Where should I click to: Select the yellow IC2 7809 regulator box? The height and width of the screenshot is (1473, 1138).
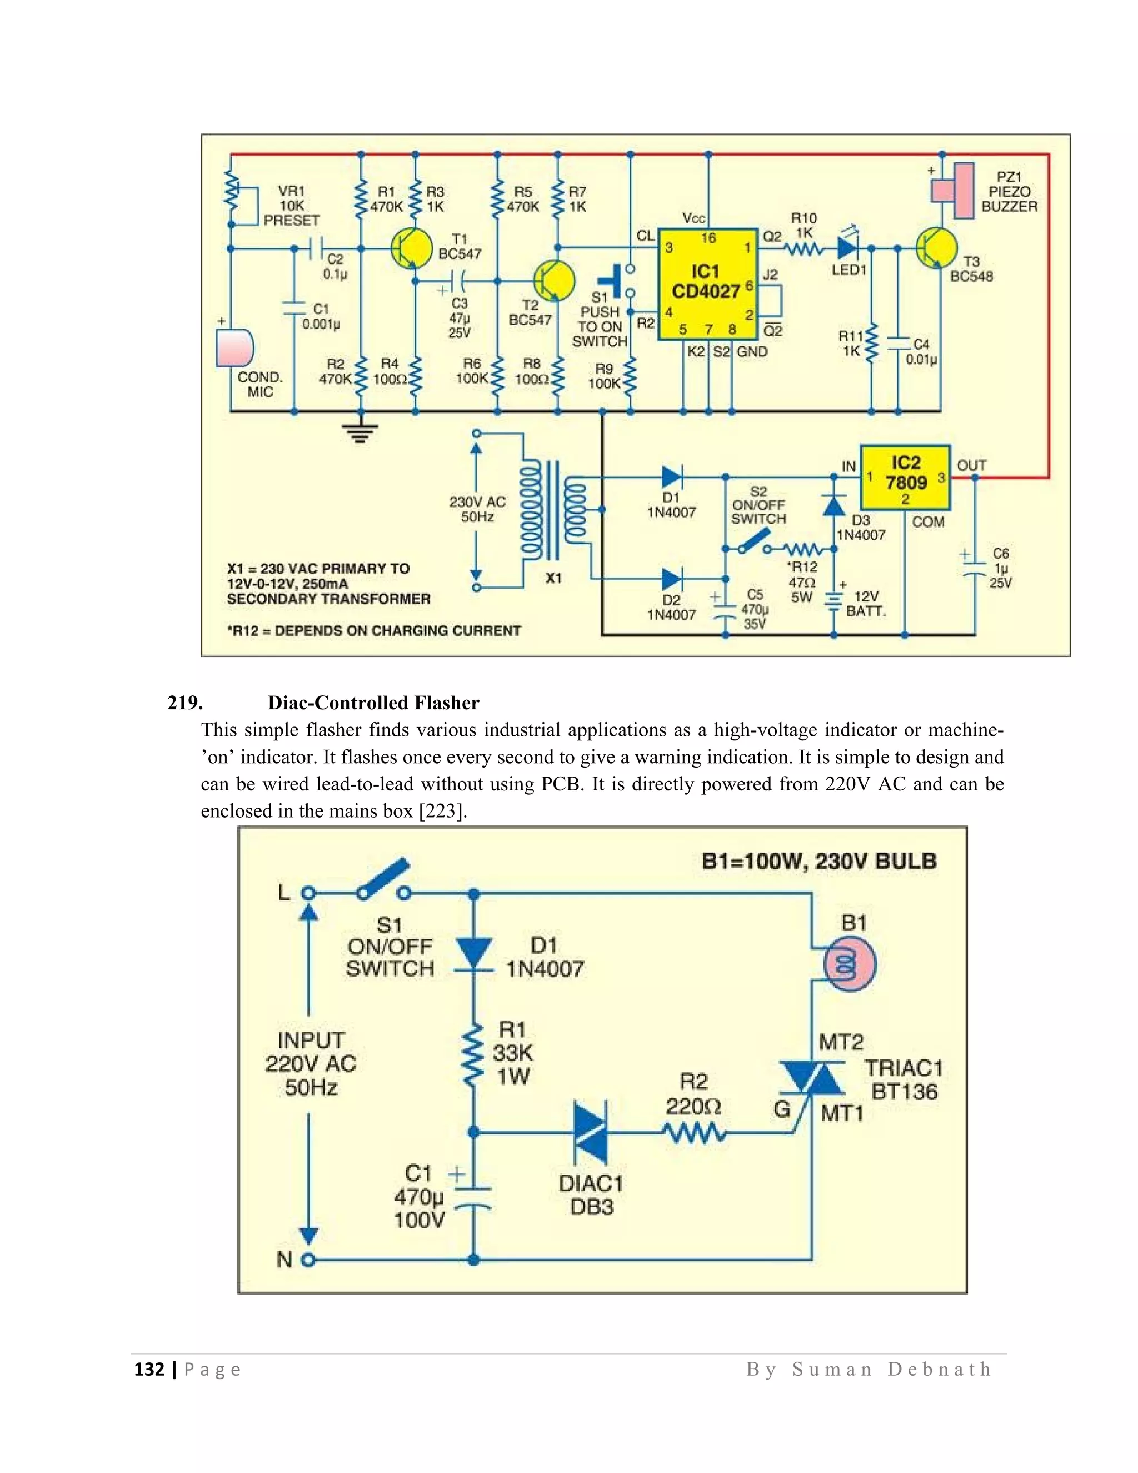[x=905, y=477]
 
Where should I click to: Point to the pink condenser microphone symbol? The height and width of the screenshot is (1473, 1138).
[x=234, y=347]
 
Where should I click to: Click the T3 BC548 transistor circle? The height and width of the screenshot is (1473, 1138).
[x=936, y=248]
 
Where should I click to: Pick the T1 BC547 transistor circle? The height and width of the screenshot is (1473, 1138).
[x=412, y=249]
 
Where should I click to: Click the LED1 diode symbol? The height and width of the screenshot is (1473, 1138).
[x=847, y=248]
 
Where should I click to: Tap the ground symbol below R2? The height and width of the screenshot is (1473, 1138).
[x=360, y=432]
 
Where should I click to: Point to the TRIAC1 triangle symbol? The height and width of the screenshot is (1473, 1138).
[x=812, y=1078]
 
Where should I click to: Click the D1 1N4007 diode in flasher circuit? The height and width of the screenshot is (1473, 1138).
[x=473, y=954]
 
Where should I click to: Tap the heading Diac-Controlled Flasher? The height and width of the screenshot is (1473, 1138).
[x=373, y=703]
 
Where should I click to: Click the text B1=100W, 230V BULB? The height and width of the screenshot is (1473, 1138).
[x=818, y=861]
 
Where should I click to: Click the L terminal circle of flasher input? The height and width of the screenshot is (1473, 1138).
[x=308, y=894]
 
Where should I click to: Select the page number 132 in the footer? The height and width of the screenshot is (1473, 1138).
[x=149, y=1369]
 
